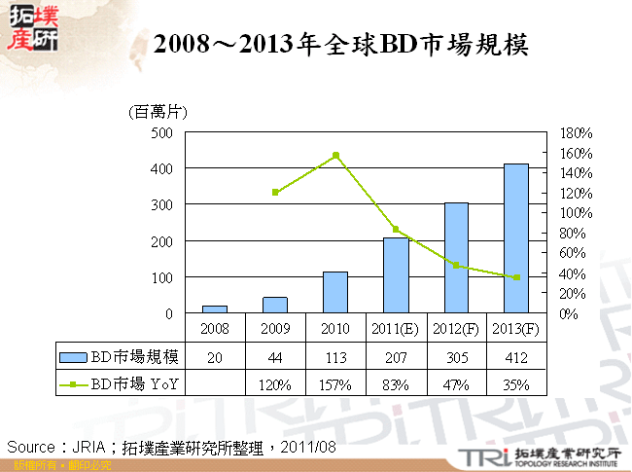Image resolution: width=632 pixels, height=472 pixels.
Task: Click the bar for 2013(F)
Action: [515, 238]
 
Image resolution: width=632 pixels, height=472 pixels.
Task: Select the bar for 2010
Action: [335, 292]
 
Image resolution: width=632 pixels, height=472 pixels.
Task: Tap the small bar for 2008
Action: [214, 309]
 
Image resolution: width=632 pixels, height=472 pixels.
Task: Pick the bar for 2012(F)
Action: [456, 258]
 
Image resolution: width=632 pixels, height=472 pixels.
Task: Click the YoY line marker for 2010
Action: [335, 155]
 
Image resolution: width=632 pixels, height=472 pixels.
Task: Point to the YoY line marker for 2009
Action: [275, 192]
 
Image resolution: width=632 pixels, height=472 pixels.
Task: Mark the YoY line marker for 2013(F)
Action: [516, 277]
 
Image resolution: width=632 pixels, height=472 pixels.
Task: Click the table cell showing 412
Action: [515, 357]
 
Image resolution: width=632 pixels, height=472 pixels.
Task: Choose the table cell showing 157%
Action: [335, 384]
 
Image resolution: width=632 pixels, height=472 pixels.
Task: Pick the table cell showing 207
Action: [396, 357]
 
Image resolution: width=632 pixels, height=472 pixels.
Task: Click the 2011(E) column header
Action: [396, 330]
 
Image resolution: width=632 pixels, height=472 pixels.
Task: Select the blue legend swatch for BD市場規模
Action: [74, 356]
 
